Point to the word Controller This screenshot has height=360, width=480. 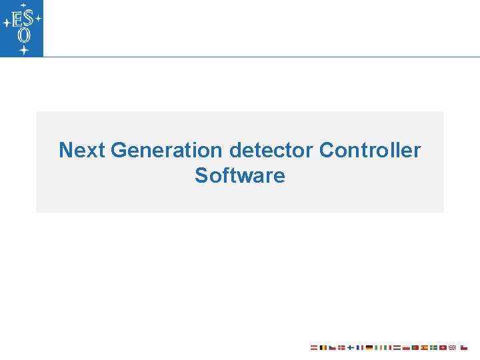370,150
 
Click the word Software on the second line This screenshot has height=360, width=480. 239,176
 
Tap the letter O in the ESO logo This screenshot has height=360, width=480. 23,35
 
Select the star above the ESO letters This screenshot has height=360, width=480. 22,5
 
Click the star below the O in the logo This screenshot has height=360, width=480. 23,49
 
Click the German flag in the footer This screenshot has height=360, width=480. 369,347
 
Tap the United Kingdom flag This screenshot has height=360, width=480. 451,347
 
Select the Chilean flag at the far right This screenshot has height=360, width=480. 464,347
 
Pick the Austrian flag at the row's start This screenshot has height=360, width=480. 314,347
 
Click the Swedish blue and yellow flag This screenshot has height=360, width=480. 433,347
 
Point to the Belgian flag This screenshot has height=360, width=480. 323,347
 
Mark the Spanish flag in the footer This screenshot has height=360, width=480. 424,347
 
